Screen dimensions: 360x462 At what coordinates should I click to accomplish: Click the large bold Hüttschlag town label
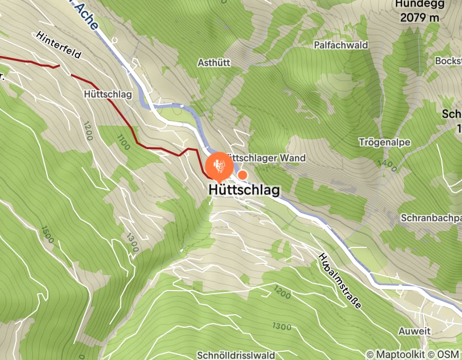tap(244, 190)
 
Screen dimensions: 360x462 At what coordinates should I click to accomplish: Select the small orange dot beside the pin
tap(243, 175)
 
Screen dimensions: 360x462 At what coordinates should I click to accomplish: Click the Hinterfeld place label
tap(59, 45)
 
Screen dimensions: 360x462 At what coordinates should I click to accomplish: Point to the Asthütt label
tap(214, 62)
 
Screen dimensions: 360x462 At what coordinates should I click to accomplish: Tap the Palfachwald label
tap(341, 45)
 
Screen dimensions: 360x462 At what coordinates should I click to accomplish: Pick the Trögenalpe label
tap(382, 141)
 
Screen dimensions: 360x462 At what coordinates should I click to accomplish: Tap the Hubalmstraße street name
tap(339, 280)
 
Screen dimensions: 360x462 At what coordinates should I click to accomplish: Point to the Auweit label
tap(414, 331)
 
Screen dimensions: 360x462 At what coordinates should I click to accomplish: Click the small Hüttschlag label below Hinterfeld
tap(108, 95)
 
